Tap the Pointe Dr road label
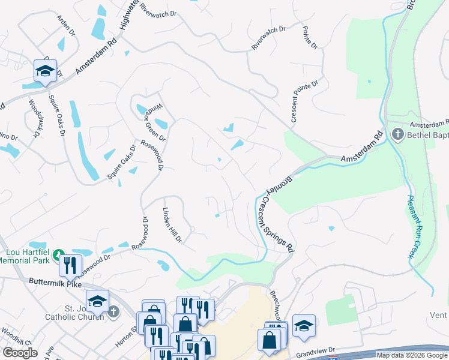click(x=309, y=38)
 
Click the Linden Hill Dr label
click(x=172, y=226)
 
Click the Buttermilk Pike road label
click(x=54, y=283)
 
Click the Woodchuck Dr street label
click(x=34, y=118)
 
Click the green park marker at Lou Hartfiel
click(x=59, y=254)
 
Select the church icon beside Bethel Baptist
click(x=397, y=134)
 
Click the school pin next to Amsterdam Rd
click(x=45, y=71)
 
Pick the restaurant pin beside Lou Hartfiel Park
click(x=71, y=264)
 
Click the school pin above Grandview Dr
click(x=304, y=326)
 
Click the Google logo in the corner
click(x=20, y=353)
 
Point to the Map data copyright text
click(x=412, y=355)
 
